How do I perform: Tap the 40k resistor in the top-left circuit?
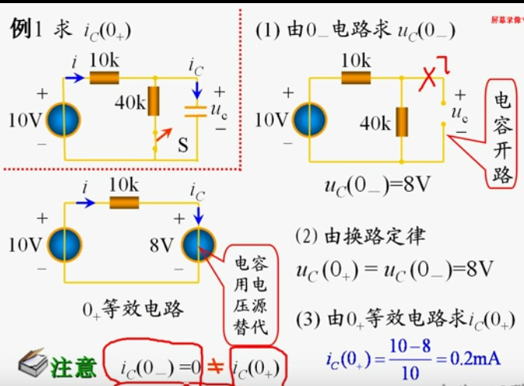154,102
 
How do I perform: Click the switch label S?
183,144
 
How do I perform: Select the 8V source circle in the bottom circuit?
200,245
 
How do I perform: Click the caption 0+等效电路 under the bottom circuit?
134,309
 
